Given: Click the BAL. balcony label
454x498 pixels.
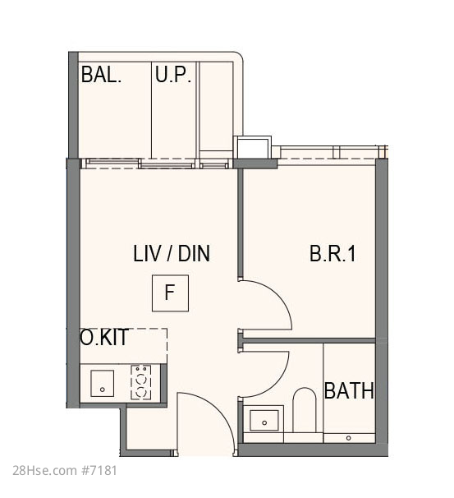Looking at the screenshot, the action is click(x=101, y=75).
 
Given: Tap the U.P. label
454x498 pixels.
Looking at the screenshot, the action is click(x=173, y=75).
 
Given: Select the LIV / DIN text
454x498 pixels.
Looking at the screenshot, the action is click(x=172, y=253).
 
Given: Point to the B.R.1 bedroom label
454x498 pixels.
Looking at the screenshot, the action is click(x=332, y=253).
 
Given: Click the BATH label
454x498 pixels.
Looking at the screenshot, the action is click(x=349, y=390).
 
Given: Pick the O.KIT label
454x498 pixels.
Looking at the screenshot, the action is click(x=104, y=337).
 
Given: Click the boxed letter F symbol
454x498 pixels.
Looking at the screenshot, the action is click(x=170, y=293).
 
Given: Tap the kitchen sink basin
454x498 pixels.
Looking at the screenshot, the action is click(x=102, y=383).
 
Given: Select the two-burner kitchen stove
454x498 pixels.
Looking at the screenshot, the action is click(x=140, y=382).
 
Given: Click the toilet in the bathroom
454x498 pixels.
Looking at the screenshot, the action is click(x=305, y=410).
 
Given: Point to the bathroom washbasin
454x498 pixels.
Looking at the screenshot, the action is click(x=264, y=420).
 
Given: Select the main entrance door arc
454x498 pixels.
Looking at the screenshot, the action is click(x=222, y=411).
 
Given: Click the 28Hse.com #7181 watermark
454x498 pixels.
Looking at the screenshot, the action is click(x=65, y=470).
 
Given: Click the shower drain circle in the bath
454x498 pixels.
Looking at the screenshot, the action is click(x=348, y=438).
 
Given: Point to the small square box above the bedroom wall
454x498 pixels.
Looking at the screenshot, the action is click(x=252, y=147).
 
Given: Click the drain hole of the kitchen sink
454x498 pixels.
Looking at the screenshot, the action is click(x=102, y=390).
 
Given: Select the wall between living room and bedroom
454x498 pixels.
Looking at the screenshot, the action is click(x=241, y=224).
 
